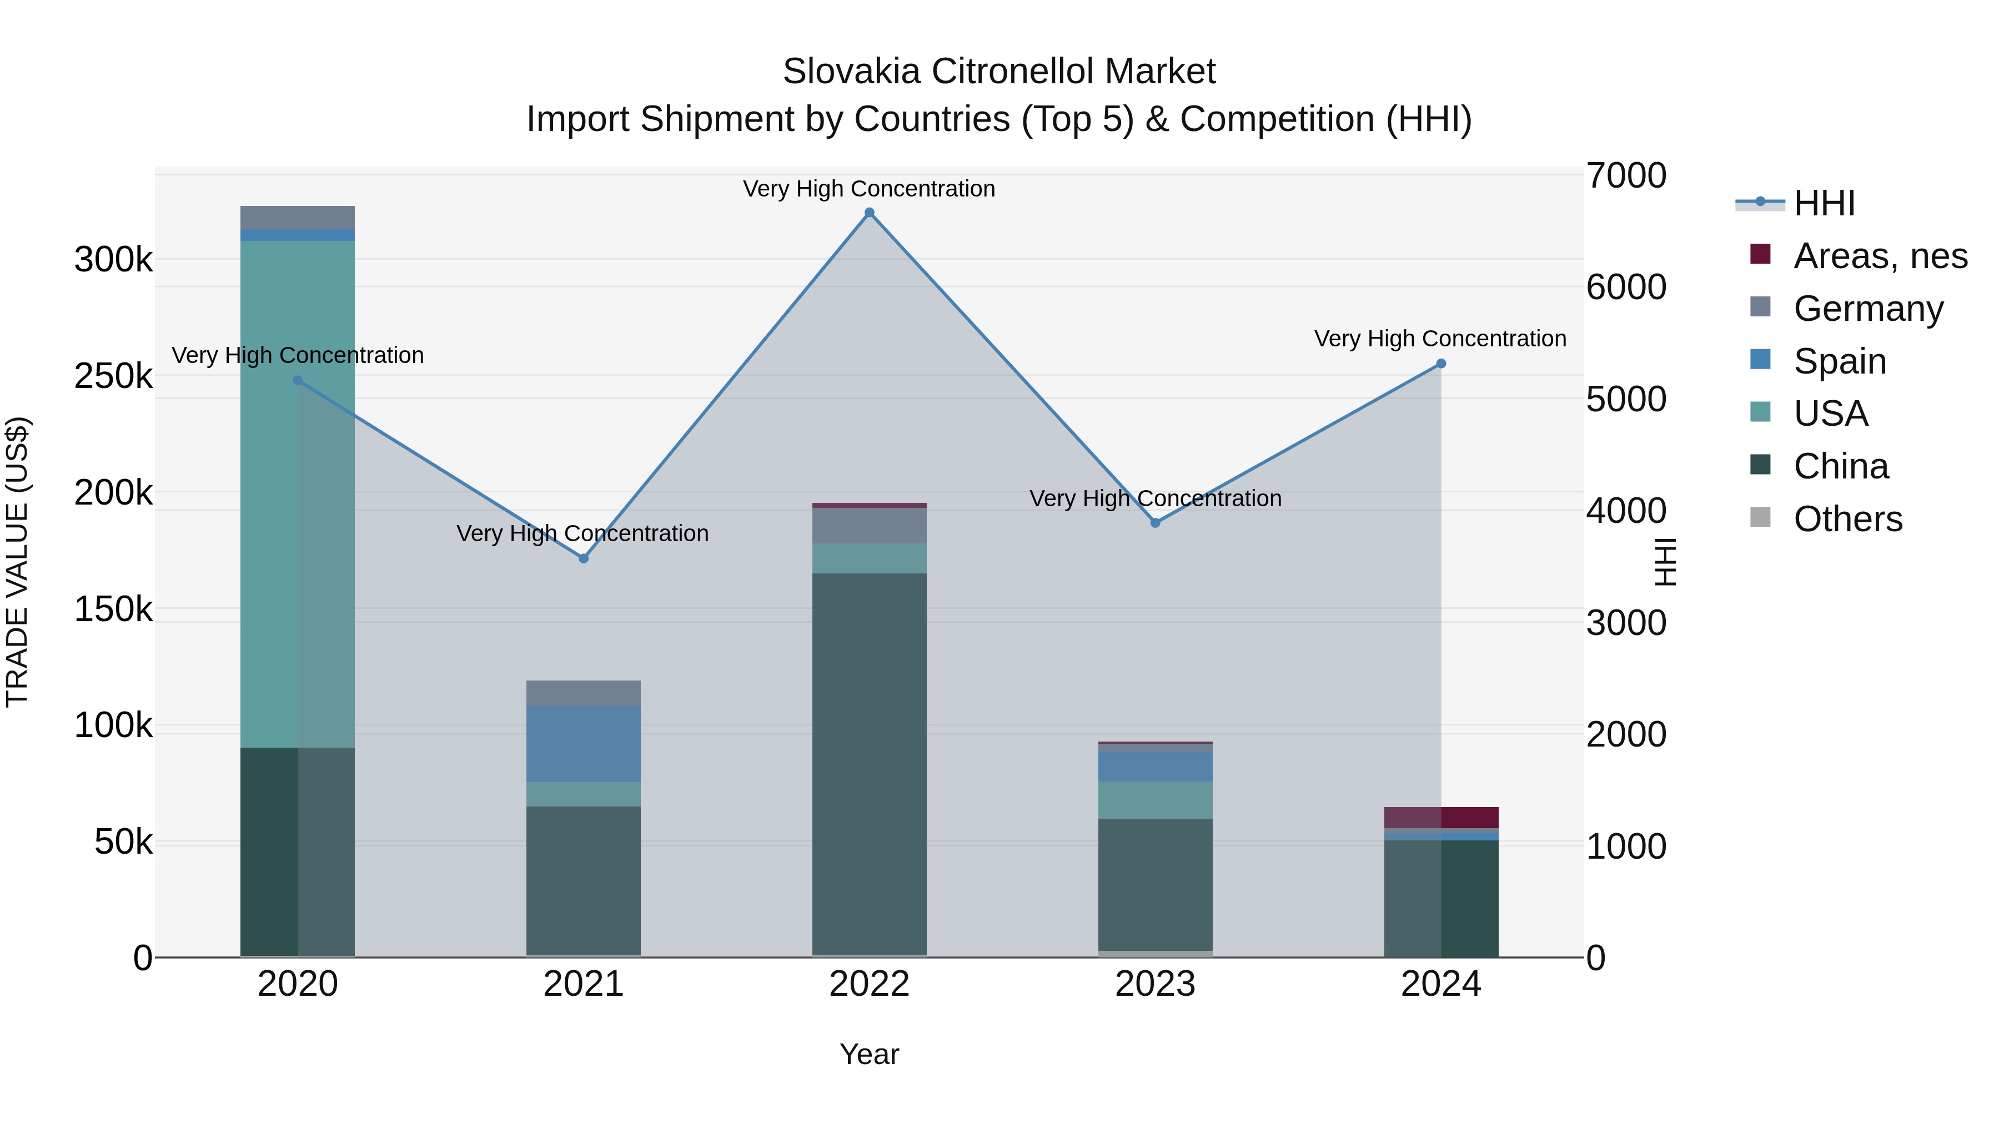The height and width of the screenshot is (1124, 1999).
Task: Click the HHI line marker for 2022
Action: [x=869, y=213]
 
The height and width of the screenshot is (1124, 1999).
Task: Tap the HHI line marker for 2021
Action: [x=584, y=558]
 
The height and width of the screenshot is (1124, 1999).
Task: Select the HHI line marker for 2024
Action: [x=1441, y=363]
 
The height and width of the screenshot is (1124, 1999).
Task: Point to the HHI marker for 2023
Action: [x=1156, y=523]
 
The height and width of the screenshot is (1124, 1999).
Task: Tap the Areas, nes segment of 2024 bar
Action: [x=1441, y=817]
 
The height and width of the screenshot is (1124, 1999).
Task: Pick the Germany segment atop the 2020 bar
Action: [x=297, y=217]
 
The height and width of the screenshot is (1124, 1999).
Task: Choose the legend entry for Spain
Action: [x=1839, y=361]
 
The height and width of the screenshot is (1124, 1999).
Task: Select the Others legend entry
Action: [x=1847, y=519]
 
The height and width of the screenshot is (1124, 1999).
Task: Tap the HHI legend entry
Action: [x=1824, y=203]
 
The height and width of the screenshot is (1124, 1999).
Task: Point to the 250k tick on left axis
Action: [x=113, y=376]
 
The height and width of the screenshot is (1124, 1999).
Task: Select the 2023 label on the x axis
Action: [x=1156, y=984]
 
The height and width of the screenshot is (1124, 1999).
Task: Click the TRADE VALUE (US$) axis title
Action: [x=17, y=562]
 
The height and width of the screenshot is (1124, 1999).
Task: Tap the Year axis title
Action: [x=869, y=1054]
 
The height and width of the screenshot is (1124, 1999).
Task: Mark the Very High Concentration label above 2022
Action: [x=869, y=189]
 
